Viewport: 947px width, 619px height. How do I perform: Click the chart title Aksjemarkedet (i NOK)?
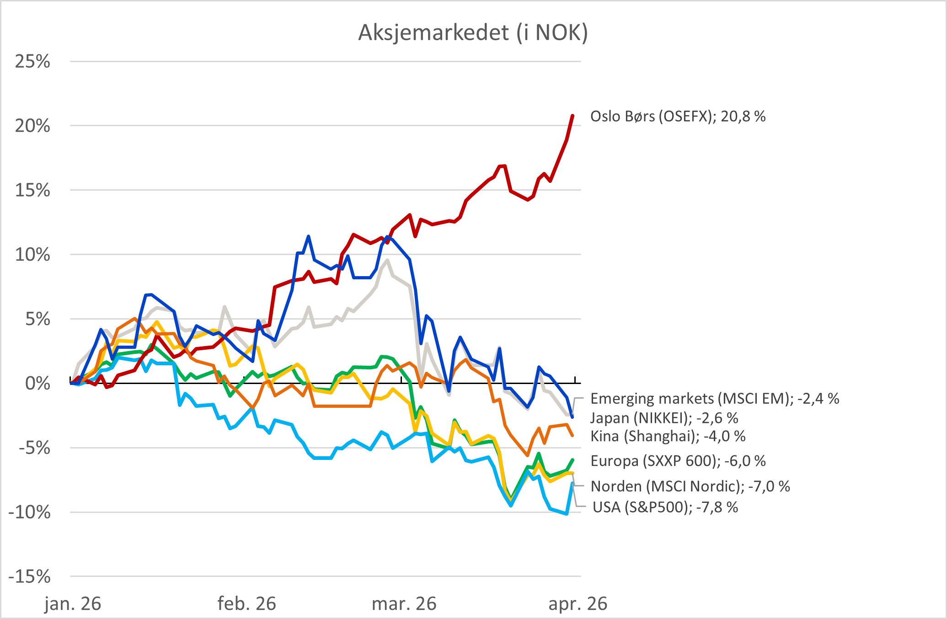click(473, 32)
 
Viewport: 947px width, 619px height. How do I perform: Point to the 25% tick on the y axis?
click(32, 61)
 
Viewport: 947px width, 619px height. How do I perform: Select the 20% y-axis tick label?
click(32, 126)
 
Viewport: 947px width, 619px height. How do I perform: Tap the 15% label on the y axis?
click(32, 190)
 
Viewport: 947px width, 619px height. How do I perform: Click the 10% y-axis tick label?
click(32, 255)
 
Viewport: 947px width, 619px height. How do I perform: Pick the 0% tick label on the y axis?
click(37, 383)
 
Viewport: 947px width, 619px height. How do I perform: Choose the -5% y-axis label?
click(34, 448)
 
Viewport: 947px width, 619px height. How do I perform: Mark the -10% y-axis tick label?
click(30, 512)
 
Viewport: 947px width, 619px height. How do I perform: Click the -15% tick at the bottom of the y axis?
click(30, 577)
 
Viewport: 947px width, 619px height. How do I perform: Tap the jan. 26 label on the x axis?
click(73, 604)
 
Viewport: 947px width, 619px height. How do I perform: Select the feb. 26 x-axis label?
click(246, 604)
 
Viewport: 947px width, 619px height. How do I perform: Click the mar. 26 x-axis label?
click(404, 604)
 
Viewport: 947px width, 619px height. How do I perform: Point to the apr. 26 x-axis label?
click(578, 604)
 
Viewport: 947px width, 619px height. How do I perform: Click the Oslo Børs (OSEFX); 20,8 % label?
click(678, 117)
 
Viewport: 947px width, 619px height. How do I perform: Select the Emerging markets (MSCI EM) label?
click(715, 399)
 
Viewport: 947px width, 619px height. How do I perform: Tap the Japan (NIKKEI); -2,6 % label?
click(664, 418)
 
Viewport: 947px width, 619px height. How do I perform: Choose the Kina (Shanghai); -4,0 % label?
click(668, 436)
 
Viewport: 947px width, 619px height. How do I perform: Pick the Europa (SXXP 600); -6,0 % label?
click(678, 461)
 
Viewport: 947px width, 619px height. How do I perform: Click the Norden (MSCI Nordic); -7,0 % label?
click(690, 486)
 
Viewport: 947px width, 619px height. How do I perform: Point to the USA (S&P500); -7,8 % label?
click(665, 507)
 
